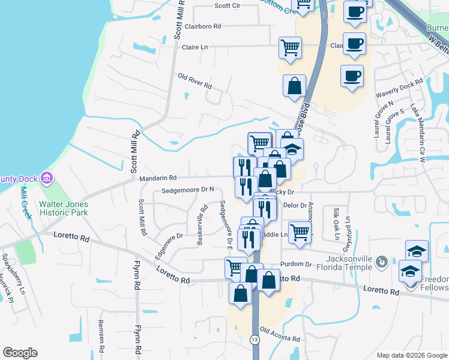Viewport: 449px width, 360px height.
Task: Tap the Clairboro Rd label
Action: tap(203, 26)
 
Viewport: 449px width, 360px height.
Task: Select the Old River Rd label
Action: tap(195, 81)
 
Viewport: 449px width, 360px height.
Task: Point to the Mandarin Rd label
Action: tap(157, 178)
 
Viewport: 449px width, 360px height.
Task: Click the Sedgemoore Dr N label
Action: tap(188, 190)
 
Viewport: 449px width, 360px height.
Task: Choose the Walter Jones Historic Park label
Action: tap(64, 208)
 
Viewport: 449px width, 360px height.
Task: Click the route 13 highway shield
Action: tap(255, 340)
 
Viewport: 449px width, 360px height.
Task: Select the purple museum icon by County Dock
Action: tap(46, 178)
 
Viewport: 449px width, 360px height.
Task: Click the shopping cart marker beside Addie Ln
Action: tap(300, 232)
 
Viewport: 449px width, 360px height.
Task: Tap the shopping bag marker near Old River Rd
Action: tap(294, 85)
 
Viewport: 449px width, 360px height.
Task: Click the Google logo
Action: tap(20, 353)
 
